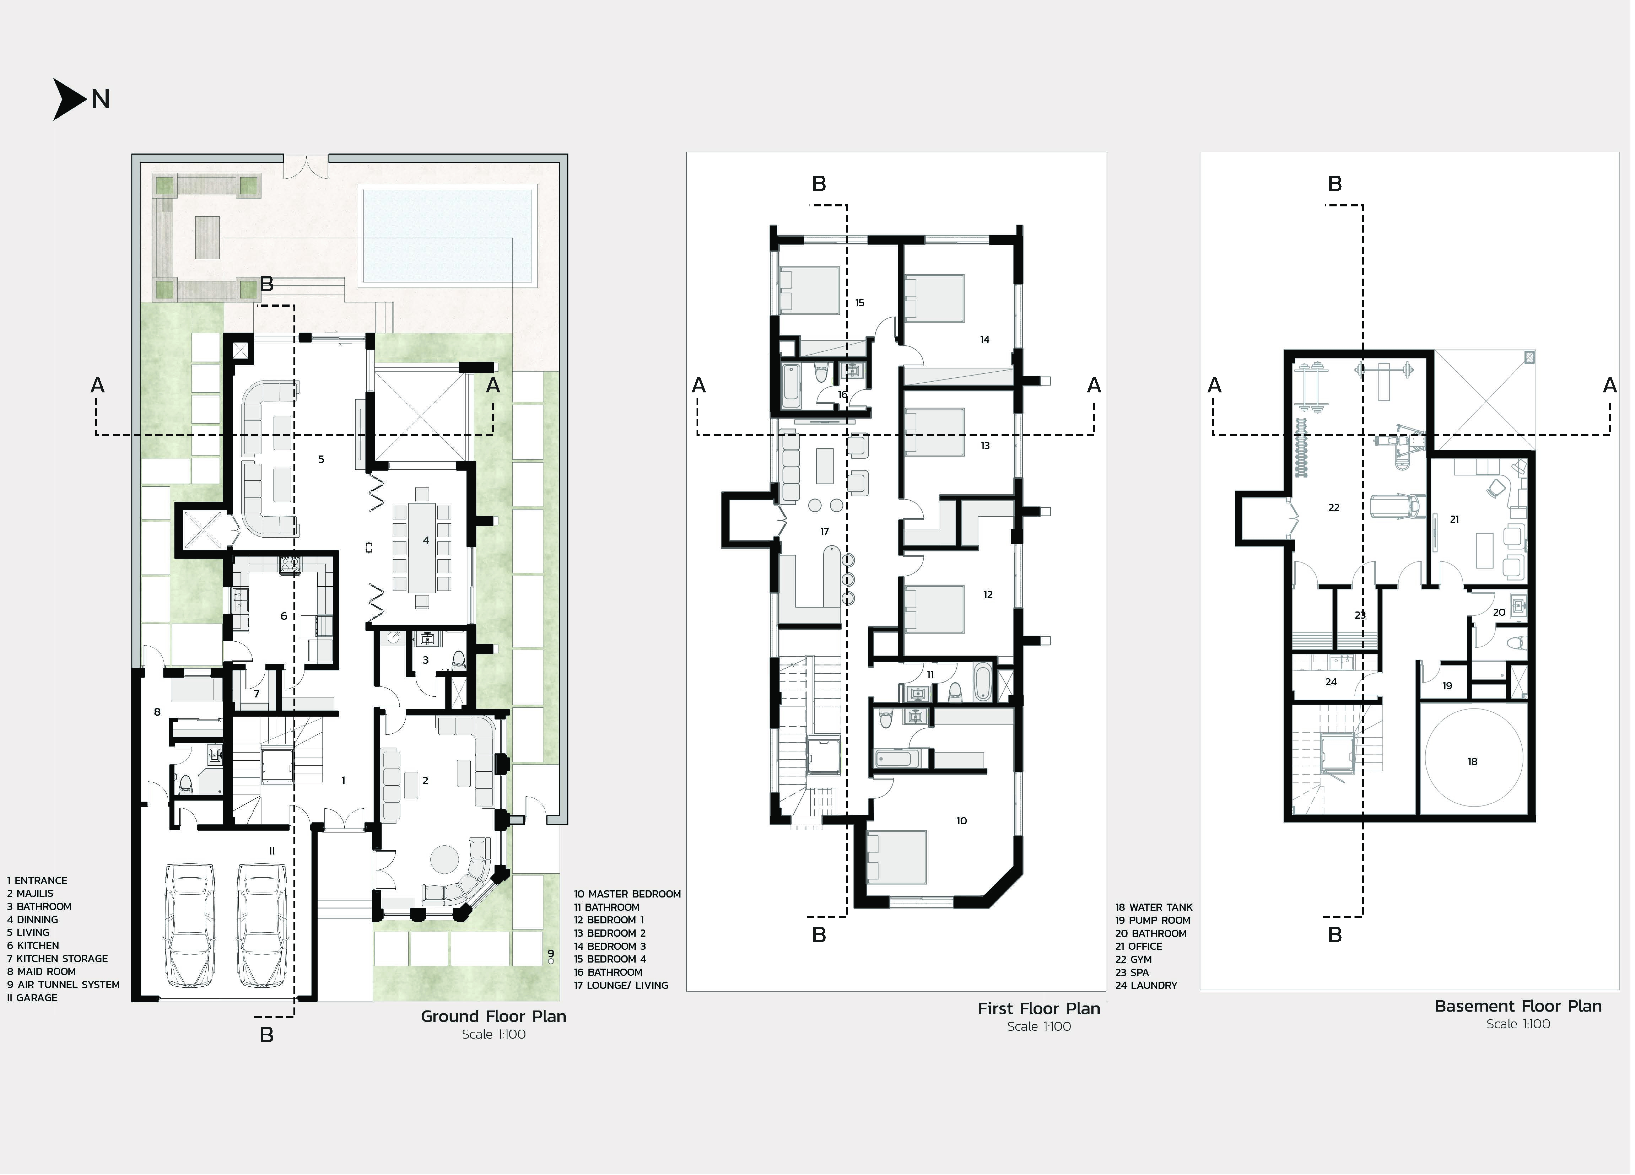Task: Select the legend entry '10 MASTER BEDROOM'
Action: pos(627,894)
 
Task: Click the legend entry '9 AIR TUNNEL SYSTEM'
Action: pos(63,985)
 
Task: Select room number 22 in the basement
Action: pos(1334,508)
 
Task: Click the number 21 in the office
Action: pos(1455,519)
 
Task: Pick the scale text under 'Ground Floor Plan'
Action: pos(494,1034)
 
